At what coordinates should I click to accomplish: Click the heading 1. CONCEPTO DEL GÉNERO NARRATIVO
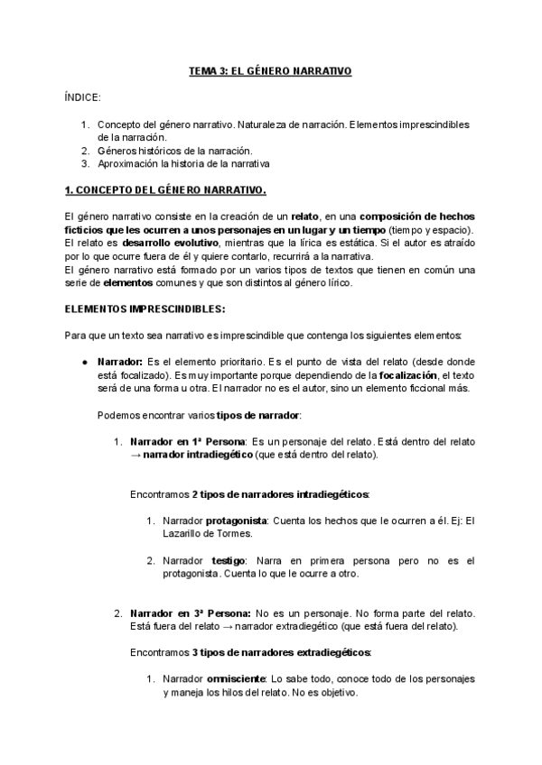[x=166, y=191]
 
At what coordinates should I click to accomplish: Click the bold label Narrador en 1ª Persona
[x=187, y=442]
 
